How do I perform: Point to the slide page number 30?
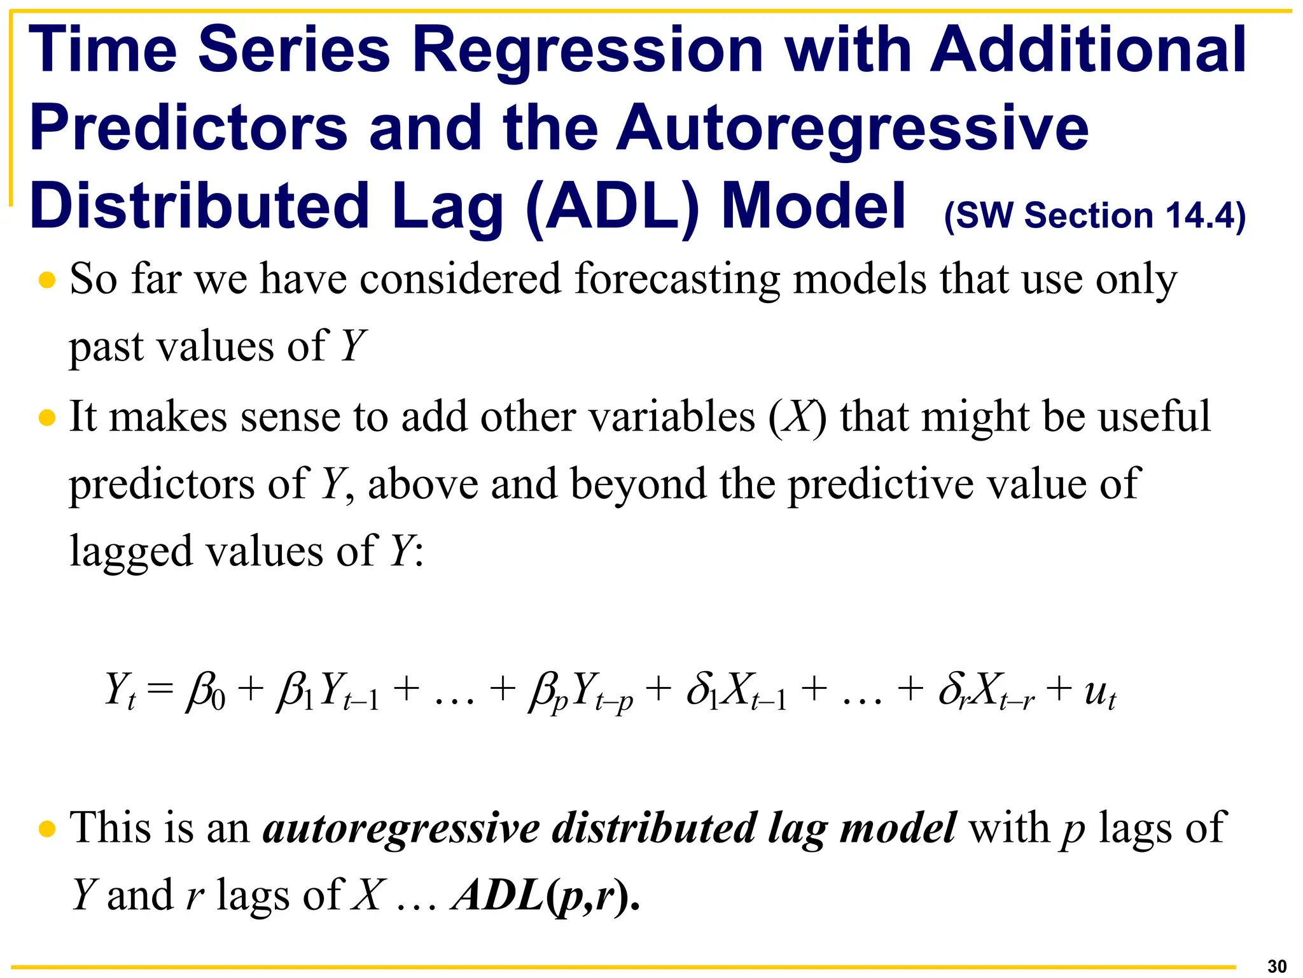1276,966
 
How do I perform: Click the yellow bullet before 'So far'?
47,280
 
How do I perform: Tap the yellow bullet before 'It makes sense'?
47,418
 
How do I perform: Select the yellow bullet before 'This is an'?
47,829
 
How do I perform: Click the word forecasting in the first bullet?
677,280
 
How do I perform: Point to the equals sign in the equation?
159,690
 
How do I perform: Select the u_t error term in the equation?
1099,693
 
